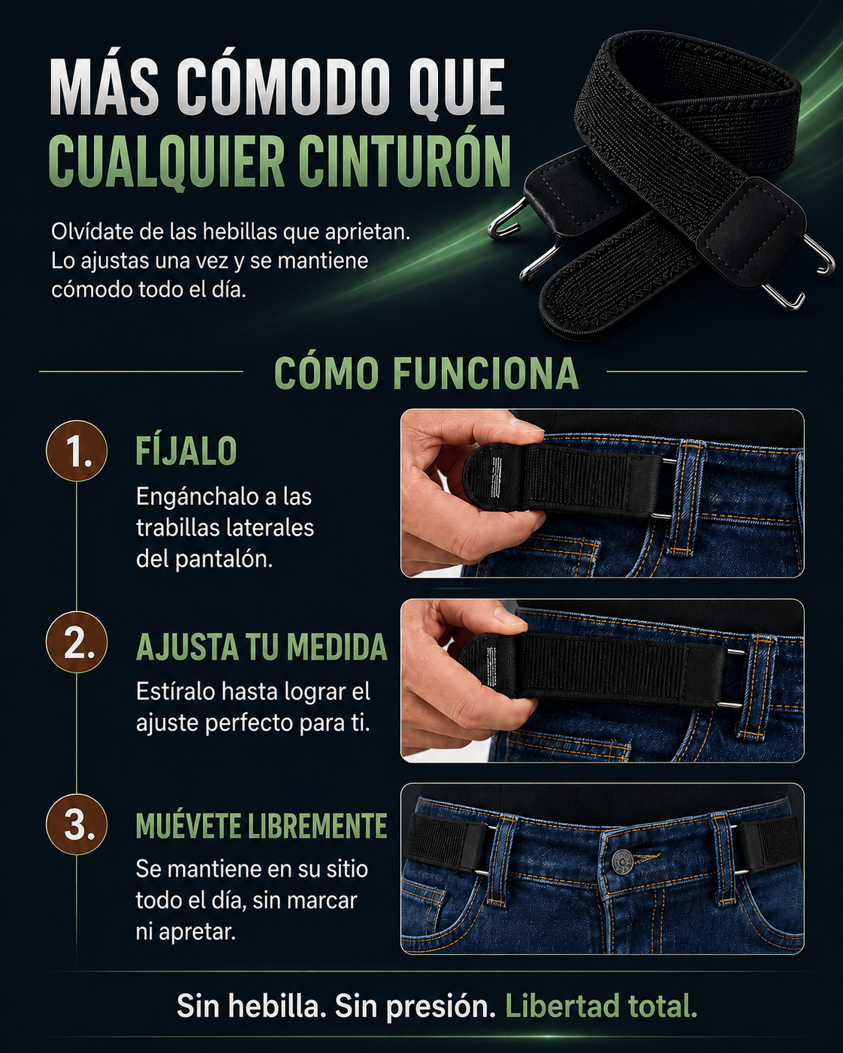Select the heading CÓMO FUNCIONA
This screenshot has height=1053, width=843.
(x=426, y=373)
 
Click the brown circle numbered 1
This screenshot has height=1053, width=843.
(x=77, y=451)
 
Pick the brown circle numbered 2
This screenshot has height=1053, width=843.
(x=77, y=642)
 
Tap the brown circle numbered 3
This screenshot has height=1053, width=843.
(x=77, y=824)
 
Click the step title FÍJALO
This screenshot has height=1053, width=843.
(x=186, y=451)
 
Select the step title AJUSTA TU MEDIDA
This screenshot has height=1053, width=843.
(x=261, y=647)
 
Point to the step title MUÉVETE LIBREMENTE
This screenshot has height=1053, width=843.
(x=261, y=826)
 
